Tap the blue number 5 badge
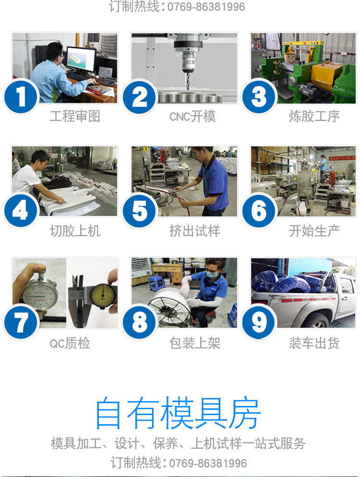(139, 211)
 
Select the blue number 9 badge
(259, 322)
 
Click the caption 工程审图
(75, 116)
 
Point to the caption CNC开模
(192, 117)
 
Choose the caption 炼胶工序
(314, 116)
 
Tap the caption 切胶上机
(75, 231)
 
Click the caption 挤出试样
(195, 231)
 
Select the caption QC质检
(70, 343)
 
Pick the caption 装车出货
(314, 343)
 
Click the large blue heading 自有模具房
(178, 413)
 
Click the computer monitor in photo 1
(81, 60)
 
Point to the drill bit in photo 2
(188, 80)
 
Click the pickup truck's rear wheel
(317, 321)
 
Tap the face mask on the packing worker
(212, 273)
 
